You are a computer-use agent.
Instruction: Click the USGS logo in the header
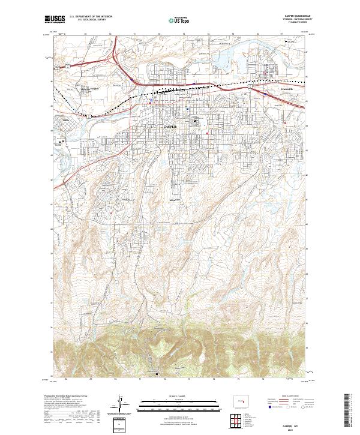(53, 20)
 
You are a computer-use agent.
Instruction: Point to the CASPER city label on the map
(170, 127)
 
